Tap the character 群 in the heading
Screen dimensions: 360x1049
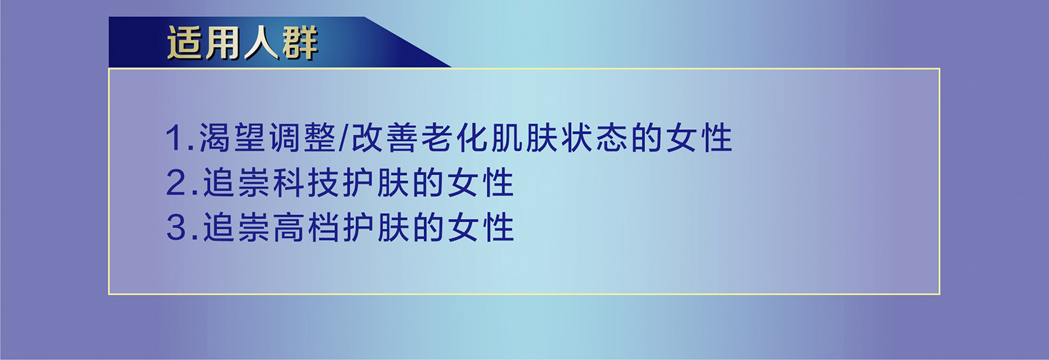point(300,43)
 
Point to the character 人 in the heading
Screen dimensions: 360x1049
point(262,43)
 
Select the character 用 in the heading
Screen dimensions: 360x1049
point(224,43)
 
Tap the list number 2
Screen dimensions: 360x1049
point(177,183)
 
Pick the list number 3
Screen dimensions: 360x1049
point(177,228)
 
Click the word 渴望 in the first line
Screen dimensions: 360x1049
point(233,138)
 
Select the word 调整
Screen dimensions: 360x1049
point(303,138)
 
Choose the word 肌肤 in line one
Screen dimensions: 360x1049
point(524,138)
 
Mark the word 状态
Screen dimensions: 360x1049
point(595,138)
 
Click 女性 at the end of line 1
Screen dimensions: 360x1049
point(699,138)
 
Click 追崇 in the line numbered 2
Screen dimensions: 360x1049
point(237,183)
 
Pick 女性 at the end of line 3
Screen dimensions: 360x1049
point(481,228)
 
